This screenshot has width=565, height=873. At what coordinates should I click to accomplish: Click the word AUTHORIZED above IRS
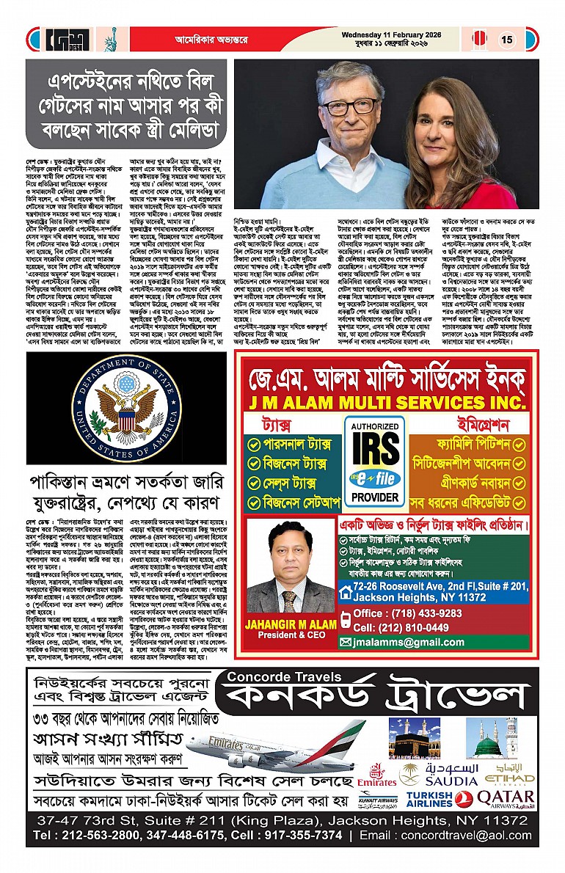pos(374,427)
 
